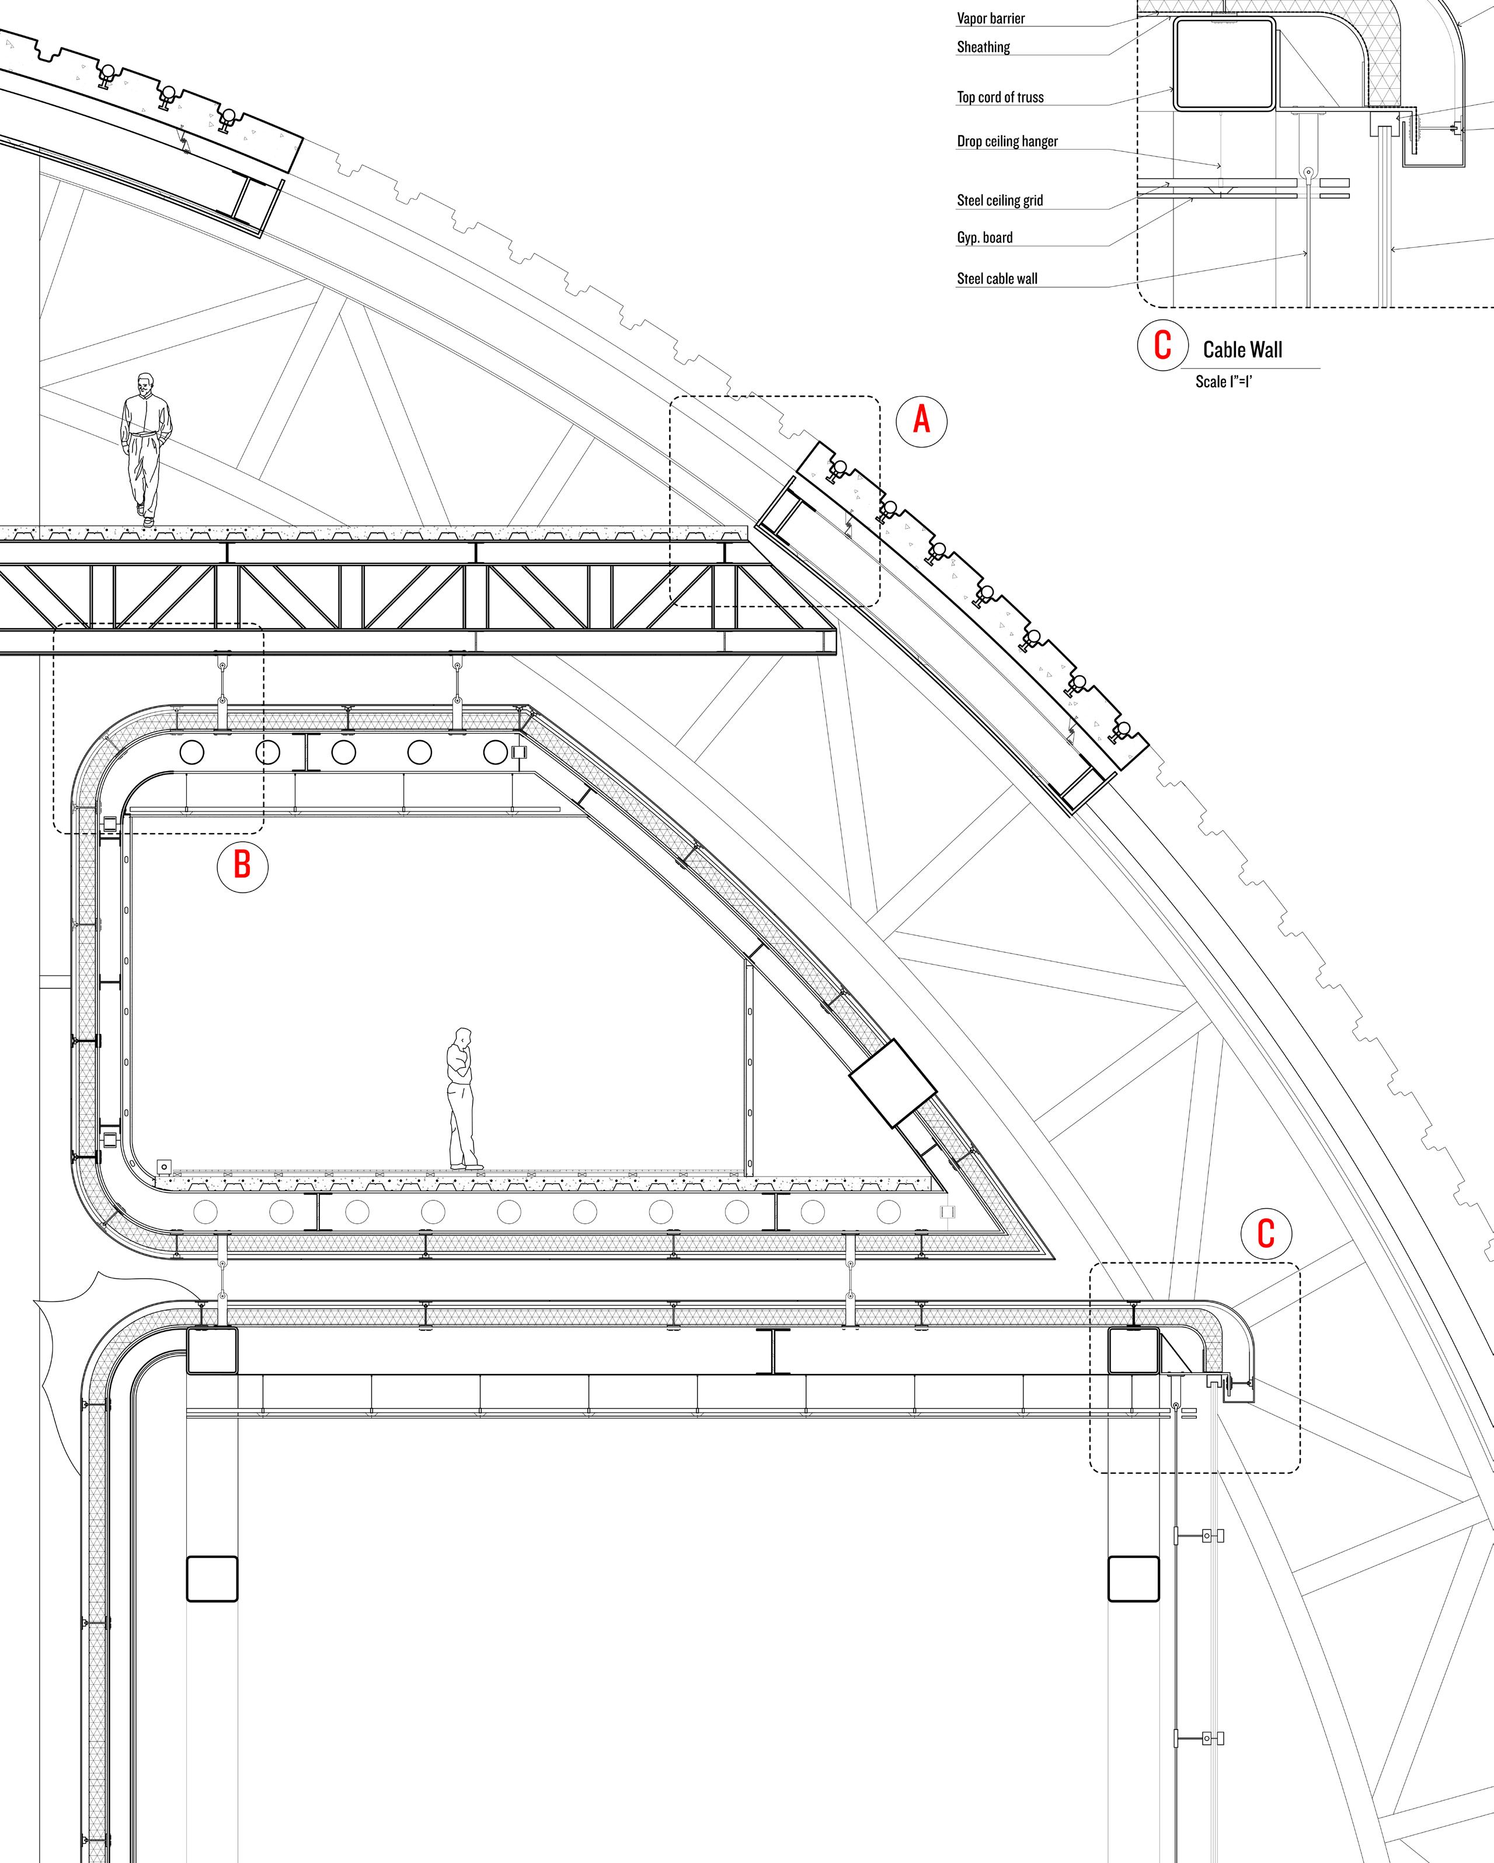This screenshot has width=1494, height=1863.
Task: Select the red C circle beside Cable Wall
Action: click(x=1162, y=346)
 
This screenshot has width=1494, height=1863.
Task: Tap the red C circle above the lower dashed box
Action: click(x=1265, y=1234)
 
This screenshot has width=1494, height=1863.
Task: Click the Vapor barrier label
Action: click(x=991, y=18)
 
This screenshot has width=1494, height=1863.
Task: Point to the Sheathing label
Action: click(x=983, y=47)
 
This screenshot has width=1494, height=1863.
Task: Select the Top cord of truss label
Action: click(x=1000, y=97)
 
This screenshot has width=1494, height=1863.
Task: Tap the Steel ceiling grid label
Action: click(x=999, y=200)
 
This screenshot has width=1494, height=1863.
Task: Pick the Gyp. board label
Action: click(x=984, y=238)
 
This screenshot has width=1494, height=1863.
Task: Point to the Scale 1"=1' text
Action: click(x=1224, y=381)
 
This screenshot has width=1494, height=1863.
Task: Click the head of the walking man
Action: click(x=146, y=383)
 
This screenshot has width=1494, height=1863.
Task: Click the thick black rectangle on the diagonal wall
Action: click(x=893, y=1084)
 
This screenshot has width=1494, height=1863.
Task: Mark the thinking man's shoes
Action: click(x=466, y=1167)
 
